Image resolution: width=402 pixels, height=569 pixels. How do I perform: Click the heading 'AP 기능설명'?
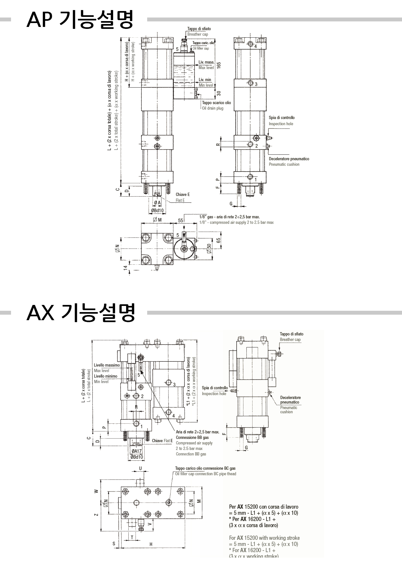click(x=80, y=20)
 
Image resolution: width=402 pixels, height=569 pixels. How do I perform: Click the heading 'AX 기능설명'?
click(x=80, y=313)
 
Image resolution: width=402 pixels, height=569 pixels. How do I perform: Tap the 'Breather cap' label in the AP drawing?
click(x=197, y=34)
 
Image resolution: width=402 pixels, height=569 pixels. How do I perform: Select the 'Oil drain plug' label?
click(x=213, y=108)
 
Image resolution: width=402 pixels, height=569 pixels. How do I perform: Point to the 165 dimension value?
click(x=219, y=65)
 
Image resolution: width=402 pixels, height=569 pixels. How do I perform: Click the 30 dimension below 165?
click(x=219, y=93)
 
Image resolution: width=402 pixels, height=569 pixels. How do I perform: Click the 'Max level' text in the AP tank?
click(x=206, y=68)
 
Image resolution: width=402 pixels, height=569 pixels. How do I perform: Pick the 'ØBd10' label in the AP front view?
click(x=157, y=211)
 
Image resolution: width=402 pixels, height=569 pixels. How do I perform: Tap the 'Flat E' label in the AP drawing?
click(x=180, y=200)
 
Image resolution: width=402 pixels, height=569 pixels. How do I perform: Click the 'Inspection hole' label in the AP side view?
click(x=281, y=124)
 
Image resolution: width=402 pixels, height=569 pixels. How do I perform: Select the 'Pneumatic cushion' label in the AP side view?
click(x=284, y=164)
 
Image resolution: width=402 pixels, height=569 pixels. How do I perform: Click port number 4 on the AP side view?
click(x=255, y=47)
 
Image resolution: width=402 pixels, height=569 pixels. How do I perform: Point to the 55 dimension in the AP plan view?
click(x=181, y=220)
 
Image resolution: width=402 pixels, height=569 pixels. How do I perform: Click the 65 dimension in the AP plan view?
click(x=219, y=240)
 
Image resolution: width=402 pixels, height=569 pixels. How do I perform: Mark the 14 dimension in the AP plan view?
click(x=125, y=268)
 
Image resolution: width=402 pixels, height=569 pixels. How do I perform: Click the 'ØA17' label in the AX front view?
click(x=136, y=451)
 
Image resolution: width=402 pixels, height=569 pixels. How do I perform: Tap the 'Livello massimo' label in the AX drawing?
click(x=107, y=365)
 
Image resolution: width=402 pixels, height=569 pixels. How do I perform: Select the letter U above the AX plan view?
click(x=140, y=468)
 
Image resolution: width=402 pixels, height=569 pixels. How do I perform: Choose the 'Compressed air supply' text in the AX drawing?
click(x=194, y=443)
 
